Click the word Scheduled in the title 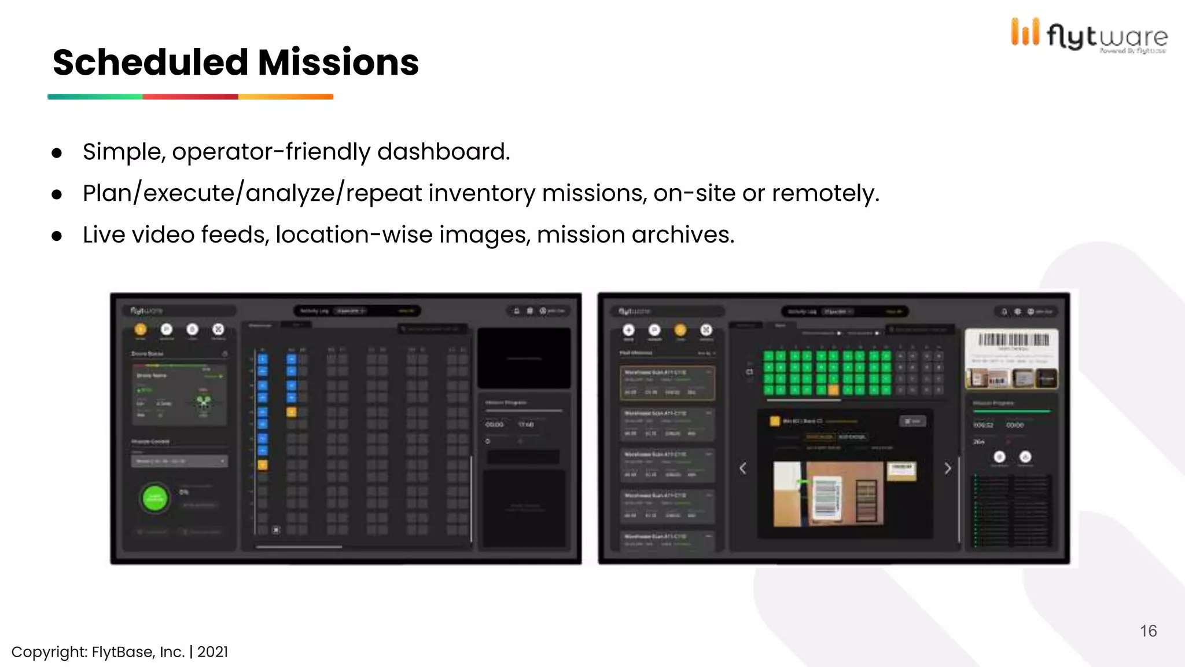[150, 63]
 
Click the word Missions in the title [338, 63]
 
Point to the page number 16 [1148, 631]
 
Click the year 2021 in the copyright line [212, 652]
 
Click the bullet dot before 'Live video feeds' [57, 236]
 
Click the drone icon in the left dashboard [204, 401]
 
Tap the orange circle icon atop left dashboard [141, 329]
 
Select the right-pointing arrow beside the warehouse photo [947, 468]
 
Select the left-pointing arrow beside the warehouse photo [744, 468]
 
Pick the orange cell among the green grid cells [833, 390]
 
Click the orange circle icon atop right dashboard [680, 330]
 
